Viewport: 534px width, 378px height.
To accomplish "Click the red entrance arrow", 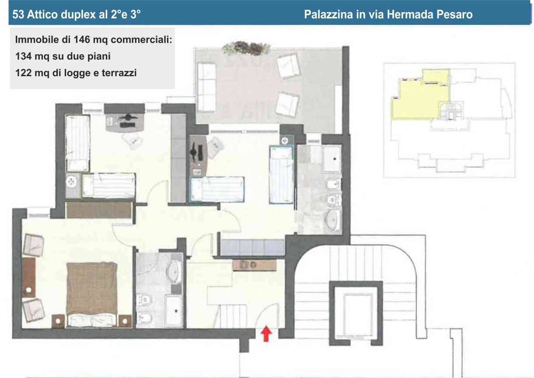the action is tap(266, 333).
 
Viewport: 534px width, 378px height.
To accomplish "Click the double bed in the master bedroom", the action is tap(92, 294).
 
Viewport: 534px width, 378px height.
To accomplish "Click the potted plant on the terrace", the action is tap(246, 48).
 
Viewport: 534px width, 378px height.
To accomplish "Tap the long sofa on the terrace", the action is tap(206, 87).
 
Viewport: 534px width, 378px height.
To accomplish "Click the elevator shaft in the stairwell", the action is tap(356, 313).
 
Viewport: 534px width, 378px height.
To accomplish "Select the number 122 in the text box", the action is tap(23, 73).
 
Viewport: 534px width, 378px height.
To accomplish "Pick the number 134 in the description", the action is tap(23, 57).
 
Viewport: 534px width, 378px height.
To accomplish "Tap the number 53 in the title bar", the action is tap(18, 14).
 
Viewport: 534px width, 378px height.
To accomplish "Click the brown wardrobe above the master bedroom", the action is tap(99, 210).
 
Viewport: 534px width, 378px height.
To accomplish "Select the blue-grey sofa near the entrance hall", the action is tap(252, 247).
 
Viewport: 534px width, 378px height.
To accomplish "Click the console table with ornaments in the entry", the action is tap(255, 265).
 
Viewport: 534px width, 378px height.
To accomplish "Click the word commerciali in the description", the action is tap(141, 39).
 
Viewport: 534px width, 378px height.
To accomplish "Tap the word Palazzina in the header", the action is tap(328, 14).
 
